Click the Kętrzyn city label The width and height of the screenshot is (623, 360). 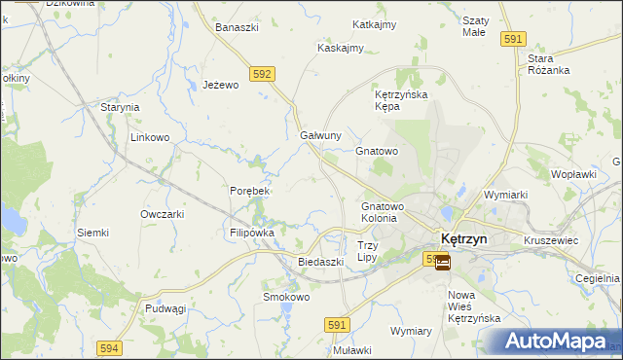[x=470, y=238]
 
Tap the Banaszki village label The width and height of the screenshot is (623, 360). [x=237, y=27]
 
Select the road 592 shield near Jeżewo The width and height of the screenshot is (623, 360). [x=261, y=73]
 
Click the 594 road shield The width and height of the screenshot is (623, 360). [x=109, y=347]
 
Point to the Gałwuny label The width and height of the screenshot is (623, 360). [x=320, y=135]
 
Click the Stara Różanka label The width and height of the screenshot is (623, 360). [x=548, y=64]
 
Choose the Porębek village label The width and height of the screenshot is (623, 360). [x=249, y=191]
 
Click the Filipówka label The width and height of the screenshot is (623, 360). [x=252, y=234]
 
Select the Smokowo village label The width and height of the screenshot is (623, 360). [x=286, y=297]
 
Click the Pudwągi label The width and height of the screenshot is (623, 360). [x=165, y=307]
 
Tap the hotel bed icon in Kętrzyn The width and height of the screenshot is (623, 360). [x=442, y=262]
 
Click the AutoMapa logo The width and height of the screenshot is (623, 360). [x=559, y=342]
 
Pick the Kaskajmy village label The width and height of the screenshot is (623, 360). [x=341, y=48]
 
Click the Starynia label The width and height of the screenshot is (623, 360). [x=121, y=107]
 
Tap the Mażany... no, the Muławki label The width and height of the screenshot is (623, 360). [x=352, y=350]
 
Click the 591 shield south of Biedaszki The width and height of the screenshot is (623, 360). [x=337, y=326]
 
